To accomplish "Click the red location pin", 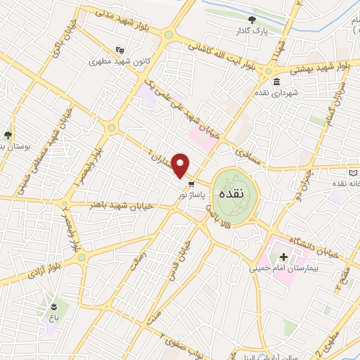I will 181,165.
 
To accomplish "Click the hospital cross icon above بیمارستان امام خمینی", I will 283,257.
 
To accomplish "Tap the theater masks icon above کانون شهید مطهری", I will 120,49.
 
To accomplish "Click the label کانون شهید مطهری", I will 112,61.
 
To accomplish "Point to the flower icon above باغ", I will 54,307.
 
